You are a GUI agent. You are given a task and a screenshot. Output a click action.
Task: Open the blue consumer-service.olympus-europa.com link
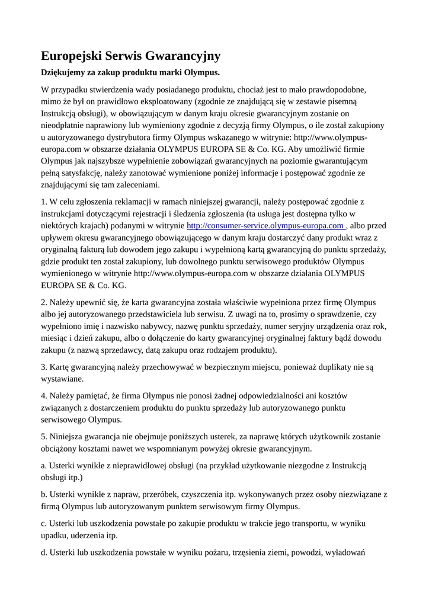click(266, 225)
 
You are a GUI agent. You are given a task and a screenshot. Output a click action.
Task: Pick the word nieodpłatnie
click(65, 125)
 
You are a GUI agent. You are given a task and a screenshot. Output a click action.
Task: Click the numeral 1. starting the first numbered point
click(44, 202)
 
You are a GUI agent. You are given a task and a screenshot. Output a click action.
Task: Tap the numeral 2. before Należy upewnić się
click(44, 301)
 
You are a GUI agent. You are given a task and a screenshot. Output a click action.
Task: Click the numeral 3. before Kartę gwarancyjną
click(44, 366)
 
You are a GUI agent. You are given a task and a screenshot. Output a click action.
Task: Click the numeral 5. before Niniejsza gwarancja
click(44, 436)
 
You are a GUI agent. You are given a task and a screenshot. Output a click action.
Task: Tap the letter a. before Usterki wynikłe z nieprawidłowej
click(44, 465)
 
